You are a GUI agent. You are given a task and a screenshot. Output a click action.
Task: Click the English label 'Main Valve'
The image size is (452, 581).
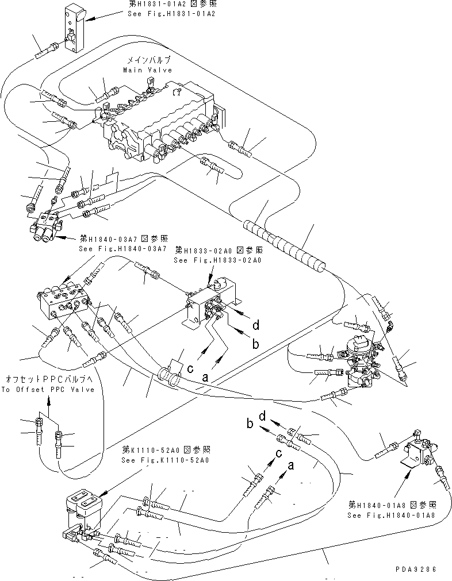147,70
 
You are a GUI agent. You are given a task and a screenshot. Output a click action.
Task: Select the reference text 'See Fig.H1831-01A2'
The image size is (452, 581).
171,14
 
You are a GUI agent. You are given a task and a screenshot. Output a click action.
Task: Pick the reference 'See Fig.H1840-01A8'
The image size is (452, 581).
392,515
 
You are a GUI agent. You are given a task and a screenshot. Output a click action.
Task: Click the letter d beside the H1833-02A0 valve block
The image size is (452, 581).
256,325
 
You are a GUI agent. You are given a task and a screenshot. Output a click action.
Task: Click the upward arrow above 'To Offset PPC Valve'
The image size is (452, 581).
48,405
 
